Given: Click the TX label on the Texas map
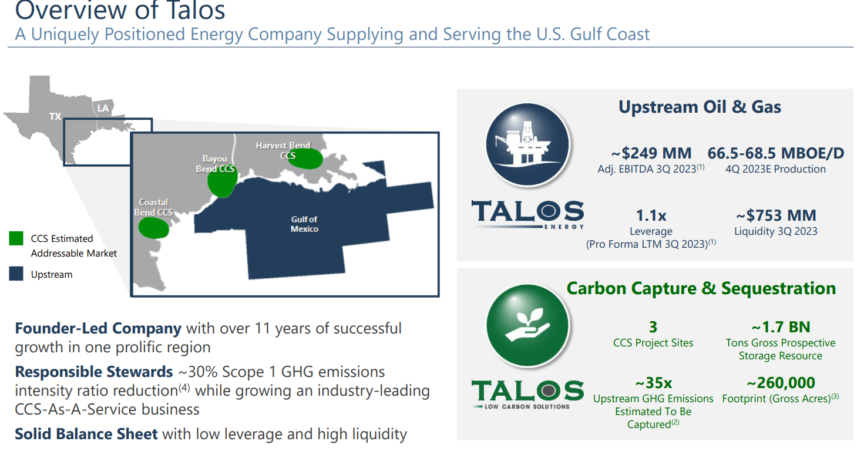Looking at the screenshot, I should tap(55, 116).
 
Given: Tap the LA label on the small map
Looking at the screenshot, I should tap(103, 108).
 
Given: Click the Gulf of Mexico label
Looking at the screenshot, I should tap(304, 224).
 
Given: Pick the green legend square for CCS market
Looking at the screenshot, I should tap(16, 239).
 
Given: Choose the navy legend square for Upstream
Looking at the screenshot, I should tap(16, 274).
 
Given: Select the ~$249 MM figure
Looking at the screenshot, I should tap(651, 154).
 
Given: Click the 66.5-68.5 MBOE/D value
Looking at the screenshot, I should tap(775, 154).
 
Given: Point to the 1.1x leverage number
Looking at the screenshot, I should tap(651, 215).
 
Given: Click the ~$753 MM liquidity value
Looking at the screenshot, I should tap(775, 215).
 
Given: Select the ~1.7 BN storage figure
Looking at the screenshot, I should tap(780, 327).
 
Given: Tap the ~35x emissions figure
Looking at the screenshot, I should tap(653, 383).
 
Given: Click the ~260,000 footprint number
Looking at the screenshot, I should tap(780, 383).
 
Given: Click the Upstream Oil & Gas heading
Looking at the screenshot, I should tap(700, 107).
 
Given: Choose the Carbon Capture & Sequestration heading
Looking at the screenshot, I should tap(701, 288).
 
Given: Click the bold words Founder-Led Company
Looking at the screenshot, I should tap(98, 328).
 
